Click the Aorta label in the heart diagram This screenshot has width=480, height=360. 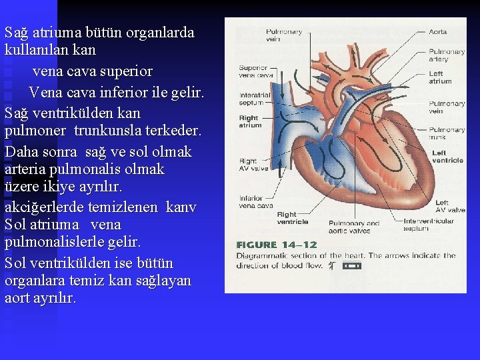pos(437,32)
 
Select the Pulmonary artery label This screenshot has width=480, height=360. pos(446,55)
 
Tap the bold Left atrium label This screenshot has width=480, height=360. pos(440,77)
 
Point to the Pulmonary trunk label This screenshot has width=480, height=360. pos(446,133)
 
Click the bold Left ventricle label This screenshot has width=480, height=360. pos(447,156)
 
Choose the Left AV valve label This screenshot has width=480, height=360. pos(450,206)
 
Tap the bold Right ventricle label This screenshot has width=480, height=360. pos(292,218)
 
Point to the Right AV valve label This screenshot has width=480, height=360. pos(253,165)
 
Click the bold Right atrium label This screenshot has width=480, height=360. pos(250,121)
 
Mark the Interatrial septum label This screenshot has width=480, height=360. pos(255,99)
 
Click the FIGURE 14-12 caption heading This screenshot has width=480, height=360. pos(277,245)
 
